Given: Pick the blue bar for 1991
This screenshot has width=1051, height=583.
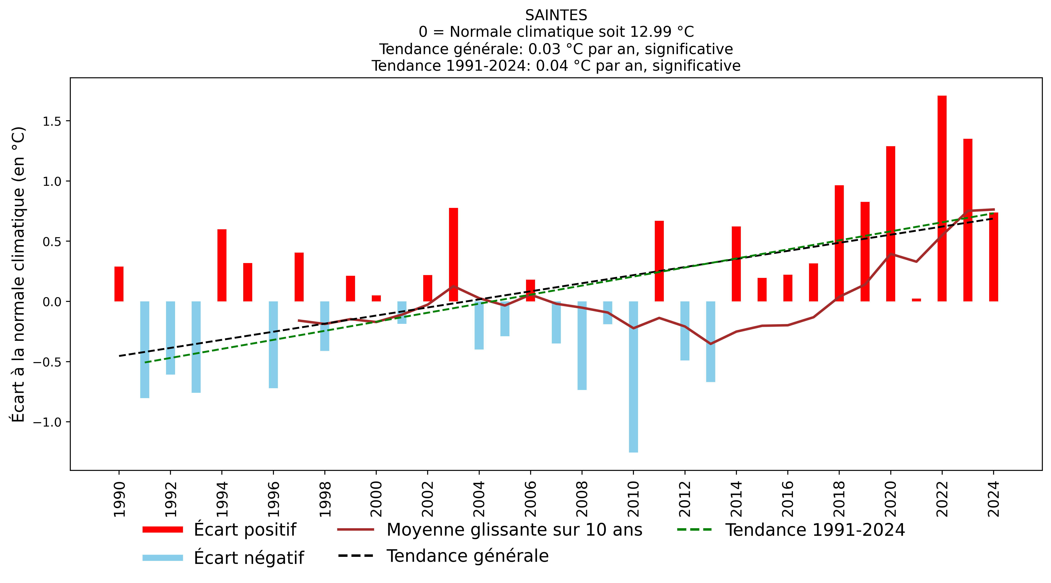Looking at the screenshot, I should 145,349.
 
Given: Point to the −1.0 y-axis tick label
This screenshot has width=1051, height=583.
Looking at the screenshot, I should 49,422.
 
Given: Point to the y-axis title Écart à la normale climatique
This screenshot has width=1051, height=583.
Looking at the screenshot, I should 18,274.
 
